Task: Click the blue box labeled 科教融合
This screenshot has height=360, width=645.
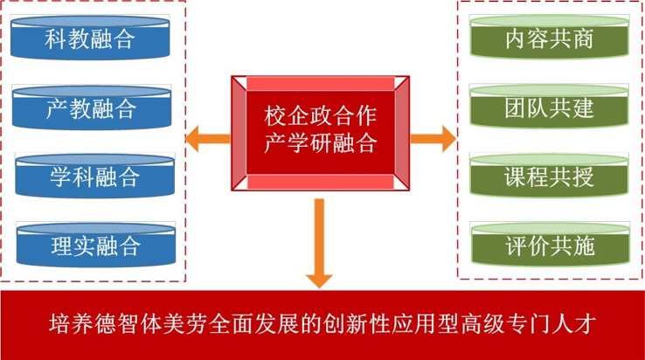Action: pos(92,38)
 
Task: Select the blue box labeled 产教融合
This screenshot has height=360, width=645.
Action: pos(92,108)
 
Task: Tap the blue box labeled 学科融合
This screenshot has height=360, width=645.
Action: pos(92,177)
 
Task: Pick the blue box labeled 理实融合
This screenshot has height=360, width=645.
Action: pos(92,246)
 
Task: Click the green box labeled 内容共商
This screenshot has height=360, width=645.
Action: pos(549,38)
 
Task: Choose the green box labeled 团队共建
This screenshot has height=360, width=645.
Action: pos(549,108)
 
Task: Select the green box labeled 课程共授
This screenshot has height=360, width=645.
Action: pos(549,177)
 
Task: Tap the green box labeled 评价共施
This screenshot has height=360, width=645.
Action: pos(549,246)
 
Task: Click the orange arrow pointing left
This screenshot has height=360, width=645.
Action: pos(208,136)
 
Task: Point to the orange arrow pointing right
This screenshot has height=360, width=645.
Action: pos(434,136)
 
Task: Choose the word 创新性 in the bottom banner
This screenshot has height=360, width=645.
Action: pos(342,324)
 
